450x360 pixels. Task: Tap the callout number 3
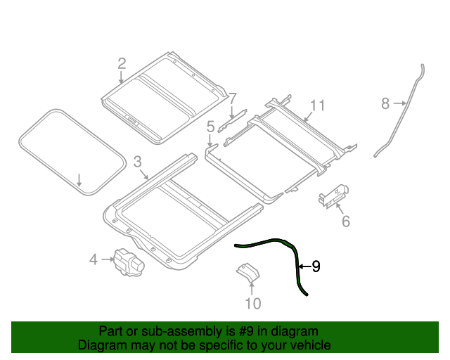[x=138, y=161]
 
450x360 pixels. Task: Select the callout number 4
[x=93, y=260]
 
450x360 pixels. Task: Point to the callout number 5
[x=210, y=127]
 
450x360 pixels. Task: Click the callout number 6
[x=345, y=222]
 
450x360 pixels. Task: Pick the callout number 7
[x=233, y=98]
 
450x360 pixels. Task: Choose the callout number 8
[x=385, y=104]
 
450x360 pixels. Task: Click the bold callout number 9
[x=316, y=266]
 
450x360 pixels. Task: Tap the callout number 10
[x=252, y=303]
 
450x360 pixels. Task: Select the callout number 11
[x=317, y=105]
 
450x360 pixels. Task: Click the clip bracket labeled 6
[x=333, y=196]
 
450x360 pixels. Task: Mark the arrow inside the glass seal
[x=80, y=179]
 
